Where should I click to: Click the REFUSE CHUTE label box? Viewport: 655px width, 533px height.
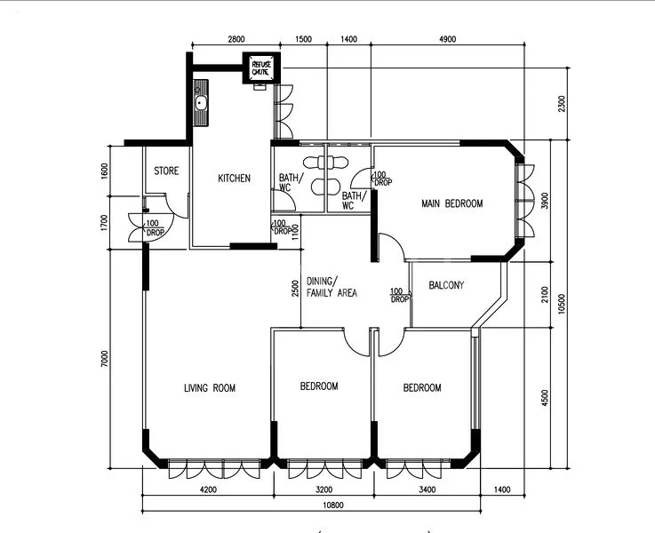(261, 68)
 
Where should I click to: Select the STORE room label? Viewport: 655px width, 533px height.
(166, 171)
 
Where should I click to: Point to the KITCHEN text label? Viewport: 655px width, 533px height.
(234, 179)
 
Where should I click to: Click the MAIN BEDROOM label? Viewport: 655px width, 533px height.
(451, 203)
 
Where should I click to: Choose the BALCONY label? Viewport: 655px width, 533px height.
(446, 285)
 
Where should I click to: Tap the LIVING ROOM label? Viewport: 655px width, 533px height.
(210, 387)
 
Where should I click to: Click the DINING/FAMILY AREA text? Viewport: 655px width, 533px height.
(331, 286)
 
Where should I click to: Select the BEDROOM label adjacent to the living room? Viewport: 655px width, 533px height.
(318, 386)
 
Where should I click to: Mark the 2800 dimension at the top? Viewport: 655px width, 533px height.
(236, 40)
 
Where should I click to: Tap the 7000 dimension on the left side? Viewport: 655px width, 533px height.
(104, 358)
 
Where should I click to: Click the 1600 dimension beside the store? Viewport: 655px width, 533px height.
(104, 171)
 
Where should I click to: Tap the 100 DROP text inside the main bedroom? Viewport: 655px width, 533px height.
(382, 178)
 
